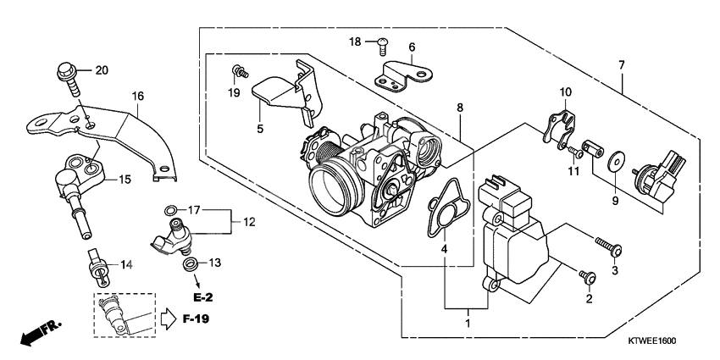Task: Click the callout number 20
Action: click(102, 70)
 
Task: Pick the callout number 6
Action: click(412, 47)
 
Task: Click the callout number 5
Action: click(260, 130)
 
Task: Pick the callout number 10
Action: click(565, 91)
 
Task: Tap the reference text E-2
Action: click(202, 298)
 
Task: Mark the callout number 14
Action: click(125, 265)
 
